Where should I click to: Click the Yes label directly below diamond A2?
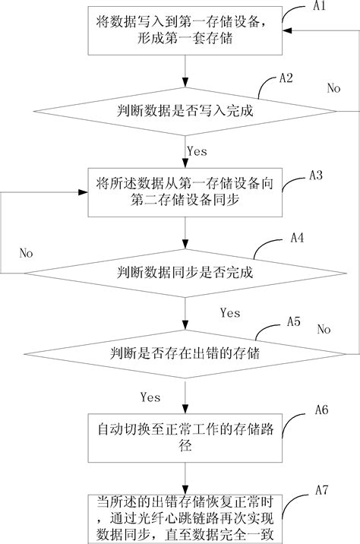[196, 151]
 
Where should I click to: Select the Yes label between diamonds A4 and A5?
[229, 312]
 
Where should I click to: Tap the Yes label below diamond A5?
[150, 397]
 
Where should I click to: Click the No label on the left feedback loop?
[26, 252]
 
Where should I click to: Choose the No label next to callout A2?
[333, 88]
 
